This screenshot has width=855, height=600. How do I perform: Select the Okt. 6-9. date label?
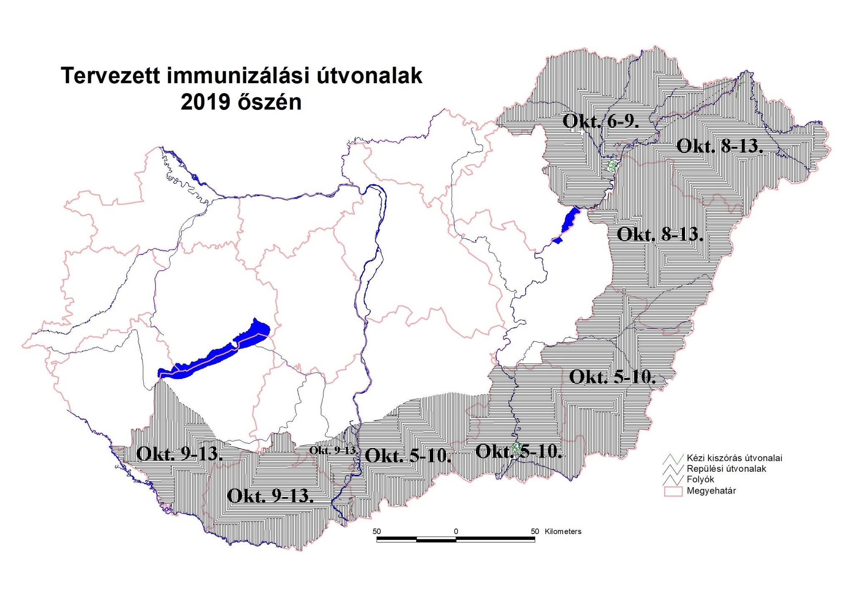tap(601, 121)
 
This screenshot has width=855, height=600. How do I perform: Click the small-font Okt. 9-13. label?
tap(334, 450)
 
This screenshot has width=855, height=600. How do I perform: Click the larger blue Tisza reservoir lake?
tap(569, 219)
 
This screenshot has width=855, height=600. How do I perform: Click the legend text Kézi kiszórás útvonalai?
tap(734, 458)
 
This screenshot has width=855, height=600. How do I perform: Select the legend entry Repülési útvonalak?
tap(726, 469)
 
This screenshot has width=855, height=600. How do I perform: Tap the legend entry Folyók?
tap(700, 480)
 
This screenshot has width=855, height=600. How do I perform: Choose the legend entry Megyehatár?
tap(711, 491)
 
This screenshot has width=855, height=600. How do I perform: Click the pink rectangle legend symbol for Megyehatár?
tap(673, 491)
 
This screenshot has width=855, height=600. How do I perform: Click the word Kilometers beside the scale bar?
tap(563, 531)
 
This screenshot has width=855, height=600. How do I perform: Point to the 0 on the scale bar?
tap(456, 531)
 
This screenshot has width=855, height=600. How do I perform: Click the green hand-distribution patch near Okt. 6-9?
tap(612, 166)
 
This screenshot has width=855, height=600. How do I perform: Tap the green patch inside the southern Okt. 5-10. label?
tap(517, 449)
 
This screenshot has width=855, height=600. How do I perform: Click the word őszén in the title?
tap(270, 102)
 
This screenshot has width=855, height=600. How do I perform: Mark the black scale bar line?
tap(455, 540)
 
